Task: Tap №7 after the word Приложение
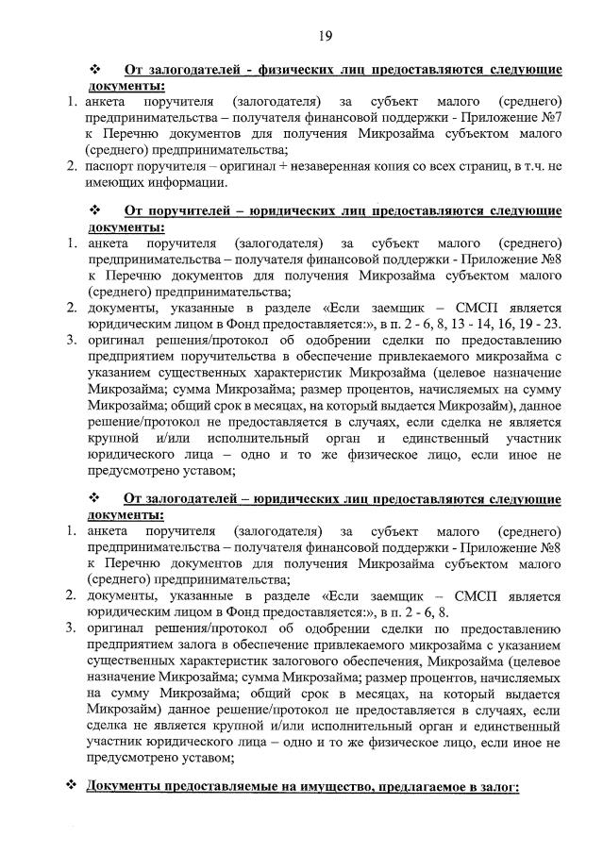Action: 550,117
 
